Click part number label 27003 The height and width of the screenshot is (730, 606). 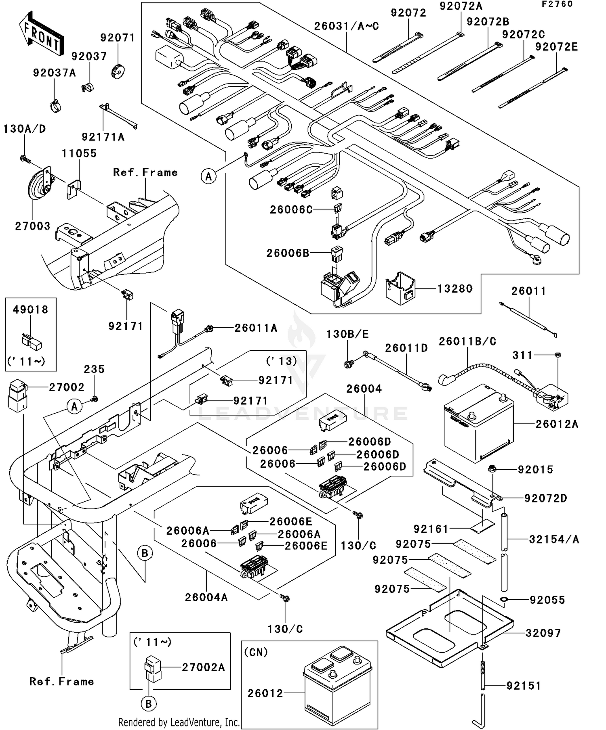[33, 226]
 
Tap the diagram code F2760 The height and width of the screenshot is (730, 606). [557, 4]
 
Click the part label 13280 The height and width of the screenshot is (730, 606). [455, 289]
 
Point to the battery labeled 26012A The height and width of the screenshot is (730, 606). [479, 424]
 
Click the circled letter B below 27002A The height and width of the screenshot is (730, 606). [148, 704]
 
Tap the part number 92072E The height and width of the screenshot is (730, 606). [556, 47]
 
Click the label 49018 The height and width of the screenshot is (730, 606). [30, 310]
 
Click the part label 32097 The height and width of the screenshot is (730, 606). [543, 633]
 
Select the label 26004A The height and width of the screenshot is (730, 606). [206, 597]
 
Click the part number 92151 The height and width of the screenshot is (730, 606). [523, 686]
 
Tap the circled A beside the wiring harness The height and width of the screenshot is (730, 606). [208, 176]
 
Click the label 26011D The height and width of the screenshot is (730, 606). [406, 348]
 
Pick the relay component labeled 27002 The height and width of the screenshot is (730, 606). [17, 395]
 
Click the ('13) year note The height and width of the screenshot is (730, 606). [282, 361]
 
